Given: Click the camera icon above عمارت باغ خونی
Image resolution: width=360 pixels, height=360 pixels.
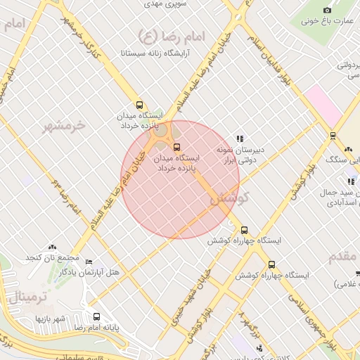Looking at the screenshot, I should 327,10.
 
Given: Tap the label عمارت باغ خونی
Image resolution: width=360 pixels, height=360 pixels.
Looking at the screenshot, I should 327,20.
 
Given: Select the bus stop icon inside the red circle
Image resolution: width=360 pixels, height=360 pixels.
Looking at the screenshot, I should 176,148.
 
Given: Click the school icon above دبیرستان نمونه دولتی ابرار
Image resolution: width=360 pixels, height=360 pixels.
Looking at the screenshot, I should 240,139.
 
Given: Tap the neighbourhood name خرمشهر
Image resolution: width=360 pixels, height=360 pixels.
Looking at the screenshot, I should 64,126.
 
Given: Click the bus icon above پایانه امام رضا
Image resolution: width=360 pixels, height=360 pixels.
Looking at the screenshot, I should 96,316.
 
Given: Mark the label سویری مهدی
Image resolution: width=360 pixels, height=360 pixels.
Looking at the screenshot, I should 165,4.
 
